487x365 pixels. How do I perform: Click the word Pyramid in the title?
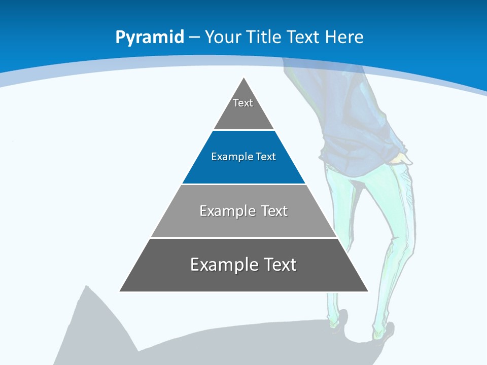coord(149,38)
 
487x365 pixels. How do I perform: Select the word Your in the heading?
coord(223,37)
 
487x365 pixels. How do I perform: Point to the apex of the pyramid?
coord(244,79)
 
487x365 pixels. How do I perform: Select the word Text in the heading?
coord(303,37)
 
